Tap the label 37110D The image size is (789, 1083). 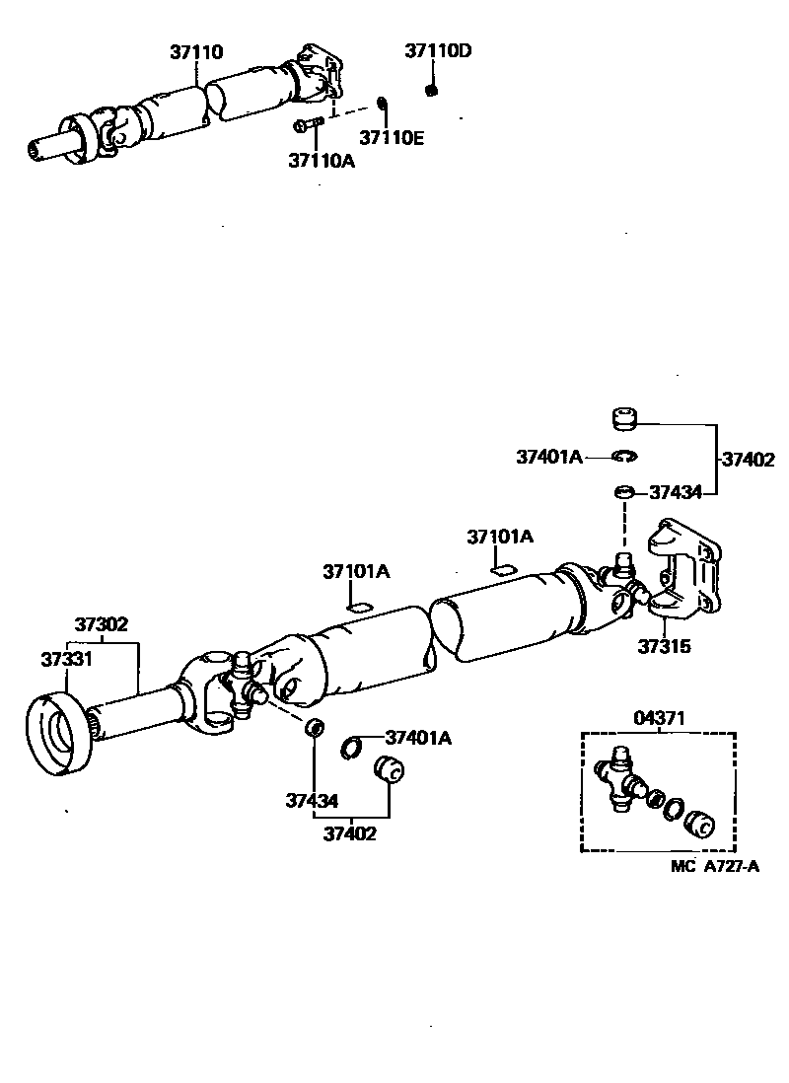coord(437,52)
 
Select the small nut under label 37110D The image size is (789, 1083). coord(431,91)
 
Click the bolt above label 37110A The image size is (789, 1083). coord(309,124)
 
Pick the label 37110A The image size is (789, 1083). coord(322,160)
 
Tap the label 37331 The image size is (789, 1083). coord(66,659)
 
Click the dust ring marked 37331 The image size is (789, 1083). coord(57,736)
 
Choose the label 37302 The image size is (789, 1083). coord(102,624)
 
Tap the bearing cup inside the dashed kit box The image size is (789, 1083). coord(700,823)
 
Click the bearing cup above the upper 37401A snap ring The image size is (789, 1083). coord(621,420)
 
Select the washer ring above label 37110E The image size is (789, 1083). coord(383,105)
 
